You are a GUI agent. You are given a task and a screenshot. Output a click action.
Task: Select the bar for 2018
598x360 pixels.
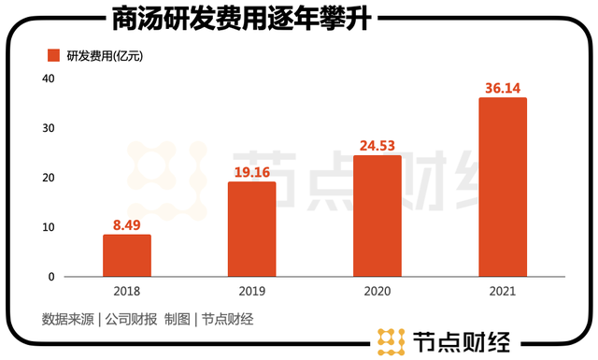tap(126, 255)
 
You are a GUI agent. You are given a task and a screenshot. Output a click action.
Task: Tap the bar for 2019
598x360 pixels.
tap(252, 229)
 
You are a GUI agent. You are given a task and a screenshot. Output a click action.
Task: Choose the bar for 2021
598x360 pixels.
tap(503, 187)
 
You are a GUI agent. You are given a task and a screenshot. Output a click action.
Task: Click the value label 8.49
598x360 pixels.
tap(126, 224)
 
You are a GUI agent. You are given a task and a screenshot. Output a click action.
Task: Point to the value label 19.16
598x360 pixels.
tap(252, 172)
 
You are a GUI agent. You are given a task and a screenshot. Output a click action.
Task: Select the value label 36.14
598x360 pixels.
tap(503, 88)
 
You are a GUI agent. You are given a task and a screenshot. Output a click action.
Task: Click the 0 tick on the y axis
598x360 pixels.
tap(52, 277)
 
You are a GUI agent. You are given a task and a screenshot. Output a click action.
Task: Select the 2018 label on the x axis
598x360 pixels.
tap(126, 292)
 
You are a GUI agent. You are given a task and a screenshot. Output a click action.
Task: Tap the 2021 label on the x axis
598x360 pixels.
tap(503, 292)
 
